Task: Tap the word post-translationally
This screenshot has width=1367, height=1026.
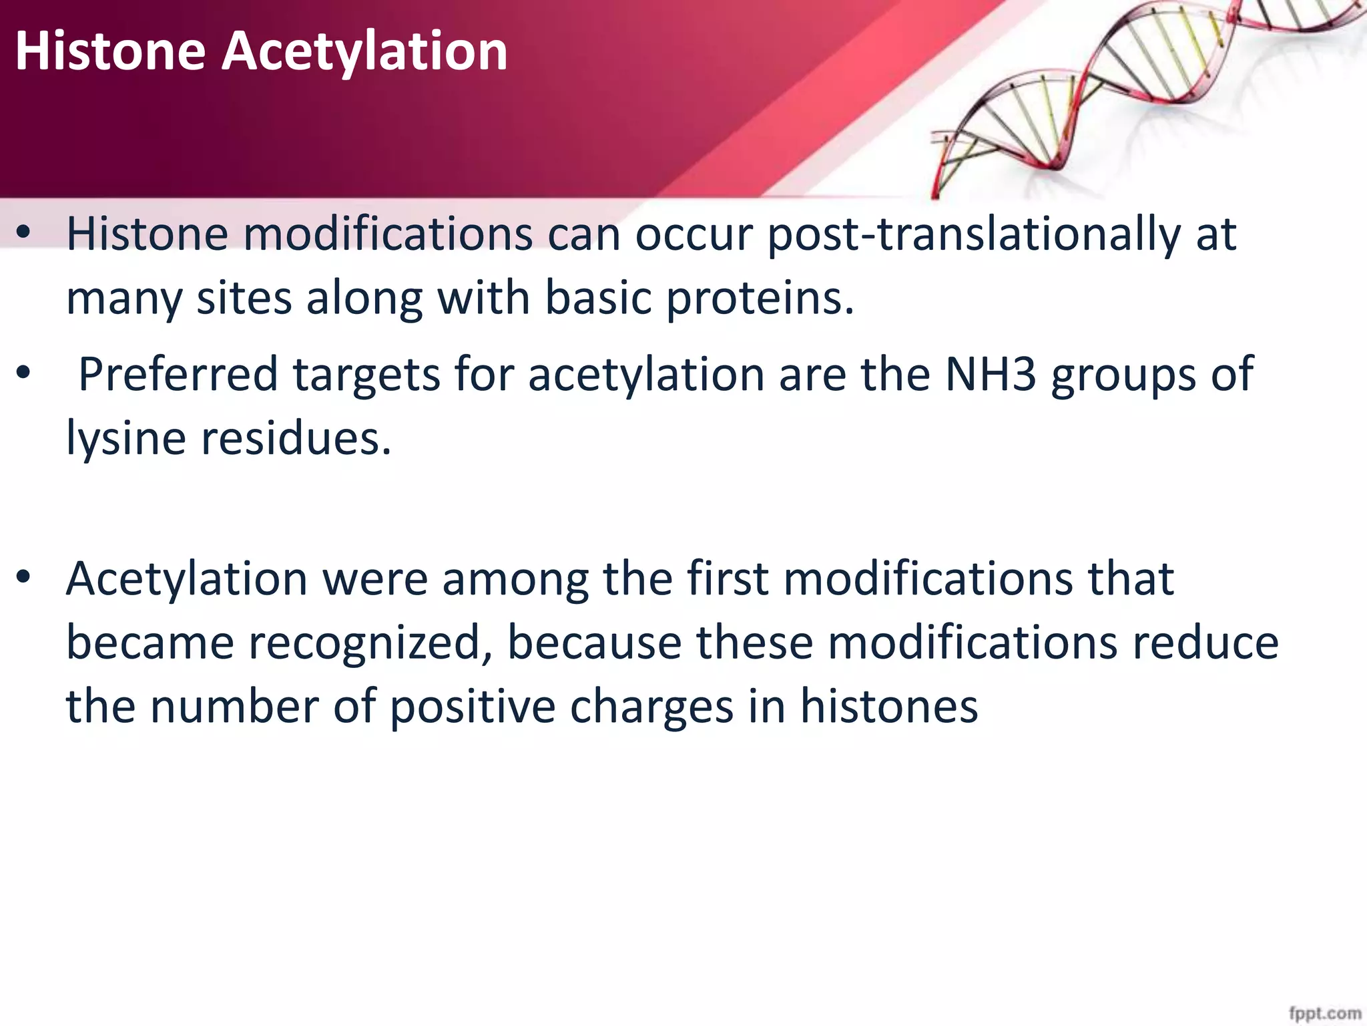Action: tap(973, 234)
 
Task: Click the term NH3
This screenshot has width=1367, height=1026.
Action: tap(991, 374)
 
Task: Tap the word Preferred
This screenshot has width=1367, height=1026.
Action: tap(178, 374)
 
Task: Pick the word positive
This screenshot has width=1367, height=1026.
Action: tap(472, 707)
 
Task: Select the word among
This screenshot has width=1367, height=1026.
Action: tap(515, 579)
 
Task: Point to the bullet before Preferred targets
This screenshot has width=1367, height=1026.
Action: tap(24, 374)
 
